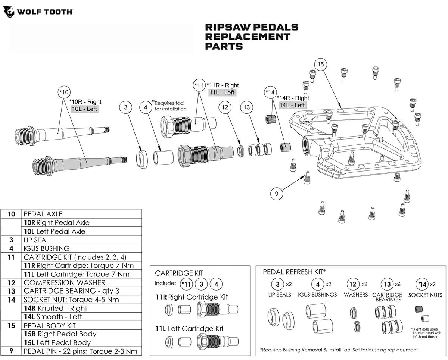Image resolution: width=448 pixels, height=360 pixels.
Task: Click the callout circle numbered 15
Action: (320, 65)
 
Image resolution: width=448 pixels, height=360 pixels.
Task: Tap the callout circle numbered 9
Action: (277, 194)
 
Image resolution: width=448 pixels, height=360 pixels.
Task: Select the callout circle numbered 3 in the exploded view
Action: (126, 107)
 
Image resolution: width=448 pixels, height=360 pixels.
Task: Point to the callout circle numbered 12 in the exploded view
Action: (225, 107)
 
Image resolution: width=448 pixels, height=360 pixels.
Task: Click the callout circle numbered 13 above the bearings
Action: (246, 107)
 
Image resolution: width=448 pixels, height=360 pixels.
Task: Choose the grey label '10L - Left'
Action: (85, 109)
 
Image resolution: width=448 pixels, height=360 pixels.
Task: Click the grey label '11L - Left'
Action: (222, 93)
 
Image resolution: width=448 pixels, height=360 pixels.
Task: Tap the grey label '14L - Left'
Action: (292, 105)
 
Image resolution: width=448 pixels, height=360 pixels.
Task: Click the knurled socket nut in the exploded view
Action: (270, 119)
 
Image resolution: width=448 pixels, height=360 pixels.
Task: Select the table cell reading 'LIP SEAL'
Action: (36, 240)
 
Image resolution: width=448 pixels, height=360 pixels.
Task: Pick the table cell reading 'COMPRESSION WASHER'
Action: (64, 282)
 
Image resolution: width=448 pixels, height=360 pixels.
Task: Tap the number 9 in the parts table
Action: (12, 351)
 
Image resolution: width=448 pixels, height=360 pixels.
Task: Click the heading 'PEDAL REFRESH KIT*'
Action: (295, 272)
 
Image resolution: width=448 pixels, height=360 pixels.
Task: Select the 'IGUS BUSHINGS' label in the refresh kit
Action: (317, 295)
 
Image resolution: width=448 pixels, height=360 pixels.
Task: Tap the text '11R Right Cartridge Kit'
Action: (192, 297)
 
